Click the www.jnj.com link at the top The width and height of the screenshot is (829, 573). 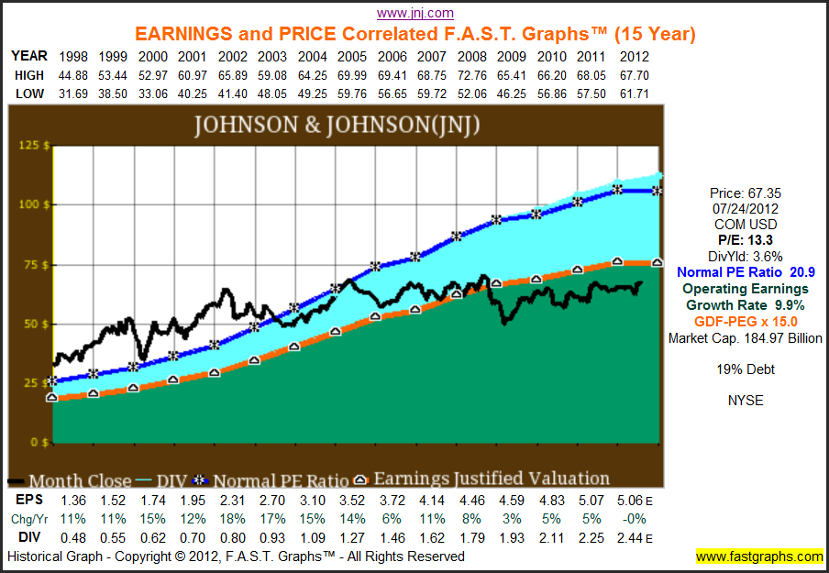pyautogui.click(x=415, y=13)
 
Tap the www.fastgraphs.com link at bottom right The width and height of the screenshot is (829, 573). pyautogui.click(x=759, y=556)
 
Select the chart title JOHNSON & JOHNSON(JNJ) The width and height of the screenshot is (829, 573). pyautogui.click(x=336, y=125)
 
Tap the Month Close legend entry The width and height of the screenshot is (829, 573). pyautogui.click(x=73, y=479)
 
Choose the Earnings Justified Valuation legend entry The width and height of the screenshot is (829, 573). pyautogui.click(x=492, y=479)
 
